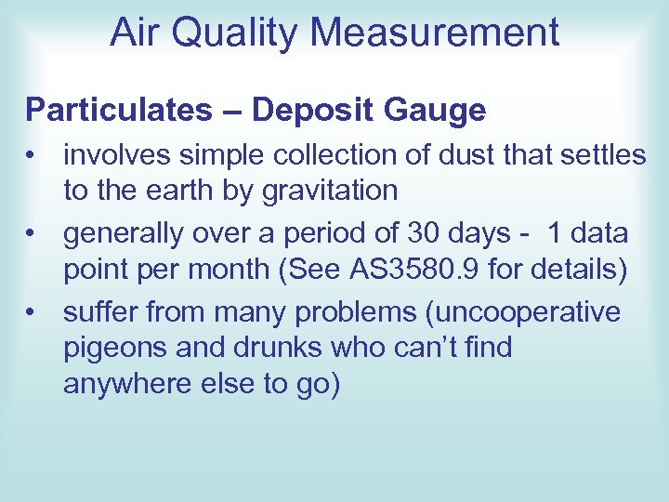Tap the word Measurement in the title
(435, 33)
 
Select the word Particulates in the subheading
(118, 111)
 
